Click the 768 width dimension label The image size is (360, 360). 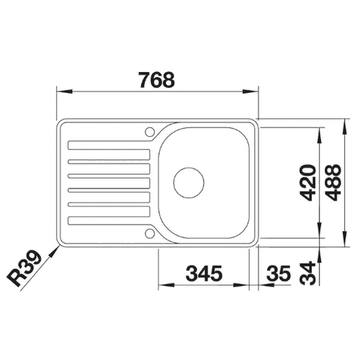coord(157,80)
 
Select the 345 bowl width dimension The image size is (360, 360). coord(204,274)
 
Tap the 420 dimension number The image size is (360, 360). coord(308,183)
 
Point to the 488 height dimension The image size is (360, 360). coord(333,183)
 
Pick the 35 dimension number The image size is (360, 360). coord(279,274)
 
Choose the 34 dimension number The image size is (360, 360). coord(308,273)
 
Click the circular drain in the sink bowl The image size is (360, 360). coord(189,183)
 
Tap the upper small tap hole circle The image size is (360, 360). coord(150,132)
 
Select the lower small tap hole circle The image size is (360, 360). coord(150,233)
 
